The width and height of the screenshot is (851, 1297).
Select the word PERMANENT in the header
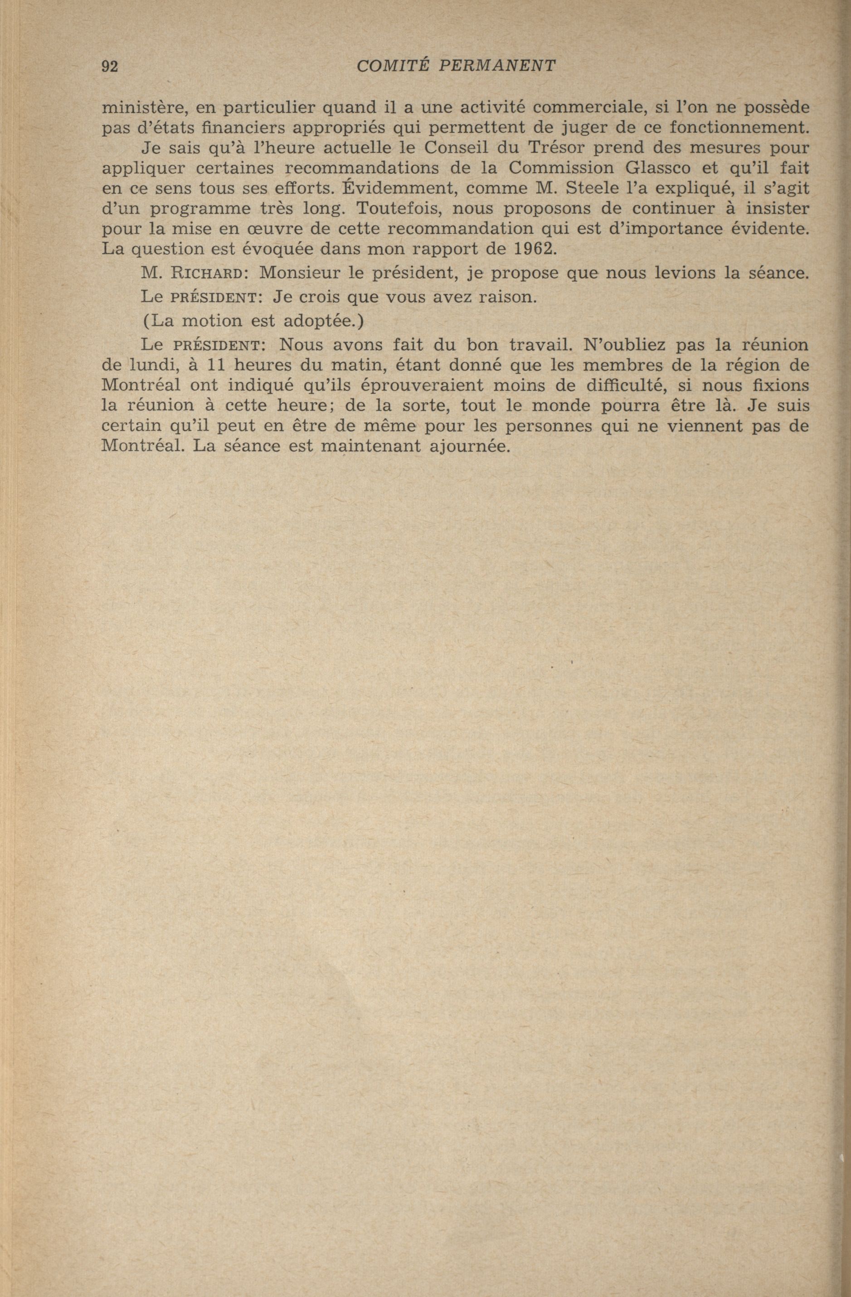pos(497,66)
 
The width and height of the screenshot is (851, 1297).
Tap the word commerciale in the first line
pos(584,107)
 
